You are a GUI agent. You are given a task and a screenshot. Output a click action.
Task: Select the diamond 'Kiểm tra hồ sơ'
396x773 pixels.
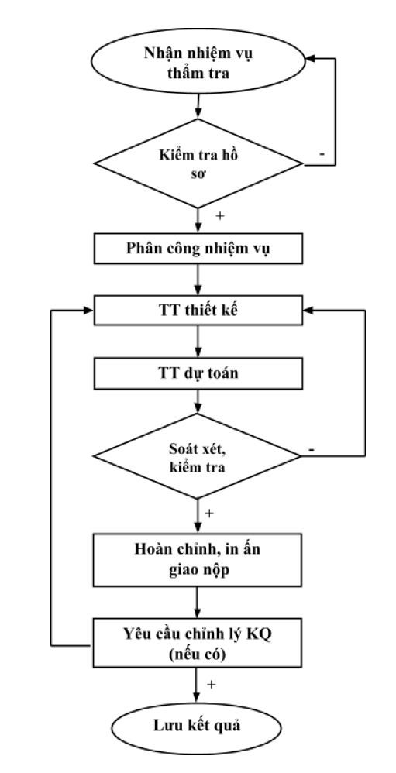coord(198,163)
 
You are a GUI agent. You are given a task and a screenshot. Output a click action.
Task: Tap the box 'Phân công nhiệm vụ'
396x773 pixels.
coord(198,249)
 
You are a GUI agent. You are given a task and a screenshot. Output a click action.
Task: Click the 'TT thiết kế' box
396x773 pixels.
coord(198,310)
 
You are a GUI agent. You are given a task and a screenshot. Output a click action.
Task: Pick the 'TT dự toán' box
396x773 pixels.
coord(198,373)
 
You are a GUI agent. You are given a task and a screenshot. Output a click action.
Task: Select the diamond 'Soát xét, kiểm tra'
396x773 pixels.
coord(198,456)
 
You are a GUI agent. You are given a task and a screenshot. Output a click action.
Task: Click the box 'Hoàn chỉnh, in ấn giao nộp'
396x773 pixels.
coord(198,558)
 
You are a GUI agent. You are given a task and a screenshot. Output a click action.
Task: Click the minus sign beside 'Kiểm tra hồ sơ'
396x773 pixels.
coord(322,154)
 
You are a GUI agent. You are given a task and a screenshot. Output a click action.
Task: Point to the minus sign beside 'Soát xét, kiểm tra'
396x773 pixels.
coord(312,449)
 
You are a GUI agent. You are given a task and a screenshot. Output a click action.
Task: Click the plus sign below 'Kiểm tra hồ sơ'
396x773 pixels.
coord(220,216)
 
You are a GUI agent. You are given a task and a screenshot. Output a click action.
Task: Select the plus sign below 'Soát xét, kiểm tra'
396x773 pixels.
coord(209,514)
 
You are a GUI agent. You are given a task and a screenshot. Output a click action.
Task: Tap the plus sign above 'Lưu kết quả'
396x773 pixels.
coord(211,685)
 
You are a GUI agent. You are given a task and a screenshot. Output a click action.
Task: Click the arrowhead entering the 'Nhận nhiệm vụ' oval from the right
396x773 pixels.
coord(310,58)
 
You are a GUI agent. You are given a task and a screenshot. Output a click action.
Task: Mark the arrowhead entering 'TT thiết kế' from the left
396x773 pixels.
coord(89,310)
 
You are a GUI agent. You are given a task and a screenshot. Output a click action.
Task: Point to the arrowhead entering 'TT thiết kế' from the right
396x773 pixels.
coord(308,310)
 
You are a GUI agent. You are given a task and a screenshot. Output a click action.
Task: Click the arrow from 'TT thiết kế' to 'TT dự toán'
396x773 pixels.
coord(198,342)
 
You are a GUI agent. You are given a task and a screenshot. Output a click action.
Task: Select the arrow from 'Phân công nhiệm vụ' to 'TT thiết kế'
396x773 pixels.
coord(198,280)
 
